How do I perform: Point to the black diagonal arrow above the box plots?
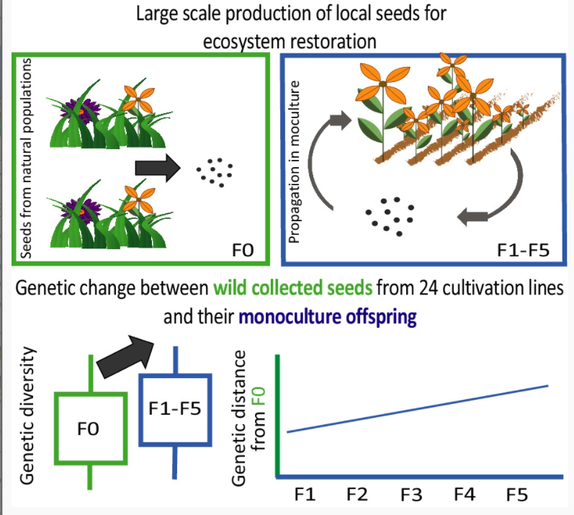pyautogui.click(x=127, y=356)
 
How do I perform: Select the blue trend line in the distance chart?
pyautogui.click(x=418, y=408)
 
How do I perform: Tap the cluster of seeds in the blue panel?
pyautogui.click(x=389, y=214)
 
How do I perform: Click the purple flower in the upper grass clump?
pyautogui.click(x=84, y=112)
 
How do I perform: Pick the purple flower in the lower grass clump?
pyautogui.click(x=84, y=205)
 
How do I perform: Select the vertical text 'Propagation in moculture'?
pyautogui.click(x=295, y=158)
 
